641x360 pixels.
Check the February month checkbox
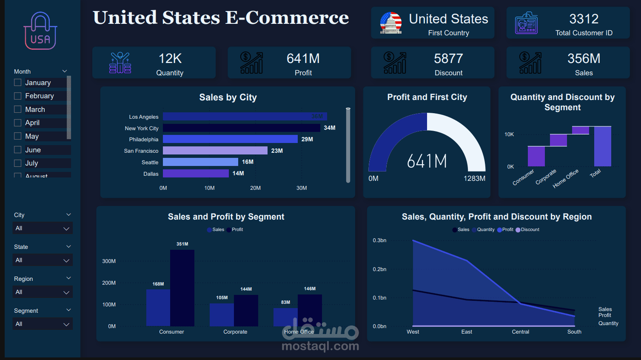click(x=18, y=96)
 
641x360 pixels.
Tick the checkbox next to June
click(x=18, y=150)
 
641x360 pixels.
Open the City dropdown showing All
click(x=43, y=229)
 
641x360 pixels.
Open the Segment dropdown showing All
click(x=43, y=324)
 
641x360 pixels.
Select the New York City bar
click(x=241, y=128)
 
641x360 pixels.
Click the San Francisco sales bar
click(x=215, y=151)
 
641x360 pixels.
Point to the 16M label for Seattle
click(x=248, y=162)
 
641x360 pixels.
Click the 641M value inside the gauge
click(x=427, y=161)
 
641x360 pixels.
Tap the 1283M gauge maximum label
click(x=474, y=179)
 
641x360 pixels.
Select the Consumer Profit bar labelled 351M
click(x=182, y=288)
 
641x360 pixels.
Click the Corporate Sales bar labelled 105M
click(x=222, y=314)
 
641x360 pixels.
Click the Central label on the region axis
click(x=520, y=332)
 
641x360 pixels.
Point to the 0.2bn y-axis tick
click(x=379, y=269)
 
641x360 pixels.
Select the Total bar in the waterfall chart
click(x=602, y=146)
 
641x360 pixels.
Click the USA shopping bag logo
click(x=40, y=31)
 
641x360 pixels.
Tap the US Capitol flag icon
click(x=390, y=23)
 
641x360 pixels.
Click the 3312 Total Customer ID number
click(x=584, y=19)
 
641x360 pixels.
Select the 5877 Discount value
click(x=448, y=59)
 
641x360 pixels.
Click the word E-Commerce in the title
click(x=287, y=18)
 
